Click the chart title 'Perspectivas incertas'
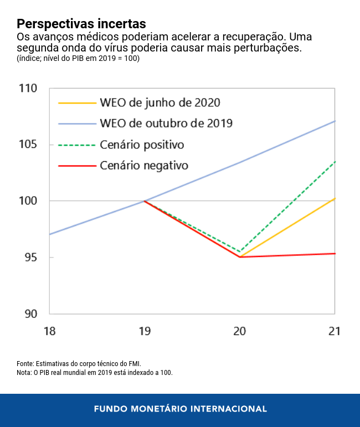tap(81, 24)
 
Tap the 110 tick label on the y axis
tap(27, 89)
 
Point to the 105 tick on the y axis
tap(27, 145)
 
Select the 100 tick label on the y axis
tap(27, 200)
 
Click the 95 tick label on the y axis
tap(30, 258)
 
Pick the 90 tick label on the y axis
tap(30, 314)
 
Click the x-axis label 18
tap(49, 331)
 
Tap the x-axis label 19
tap(145, 331)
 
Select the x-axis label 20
tap(239, 331)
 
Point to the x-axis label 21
tap(334, 331)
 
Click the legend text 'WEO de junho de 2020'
tap(160, 103)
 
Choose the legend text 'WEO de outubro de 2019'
tap(166, 124)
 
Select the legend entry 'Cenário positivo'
tap(142, 145)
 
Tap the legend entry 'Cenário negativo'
tap(144, 165)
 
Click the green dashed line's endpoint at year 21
tap(335, 161)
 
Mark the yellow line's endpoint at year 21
tap(335, 198)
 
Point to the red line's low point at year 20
tap(240, 257)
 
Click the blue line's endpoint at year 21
tap(335, 121)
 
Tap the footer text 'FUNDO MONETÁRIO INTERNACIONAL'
tap(180, 409)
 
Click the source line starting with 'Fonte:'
tap(79, 363)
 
